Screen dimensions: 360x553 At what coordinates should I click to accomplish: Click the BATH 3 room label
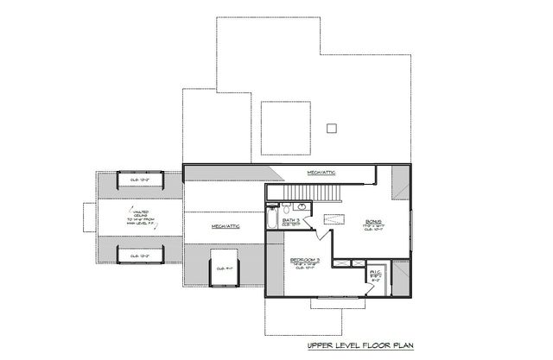click(291, 221)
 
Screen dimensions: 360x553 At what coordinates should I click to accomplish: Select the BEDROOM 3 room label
click(305, 261)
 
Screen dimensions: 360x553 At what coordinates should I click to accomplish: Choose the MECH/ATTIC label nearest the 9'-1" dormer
click(225, 225)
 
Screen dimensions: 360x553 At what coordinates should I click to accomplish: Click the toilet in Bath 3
click(285, 208)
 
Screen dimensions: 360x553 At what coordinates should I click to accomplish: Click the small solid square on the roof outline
click(330, 128)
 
